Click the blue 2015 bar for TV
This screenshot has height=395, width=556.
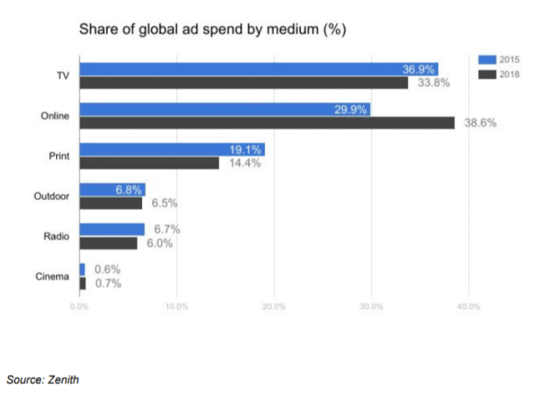click(259, 68)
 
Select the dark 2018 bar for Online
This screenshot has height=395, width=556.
click(267, 123)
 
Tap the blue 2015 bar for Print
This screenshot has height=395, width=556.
click(172, 149)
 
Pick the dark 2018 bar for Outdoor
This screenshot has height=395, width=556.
click(110, 203)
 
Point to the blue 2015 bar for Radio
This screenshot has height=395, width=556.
click(112, 229)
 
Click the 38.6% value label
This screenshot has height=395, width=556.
click(480, 123)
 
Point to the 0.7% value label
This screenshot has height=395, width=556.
click(107, 284)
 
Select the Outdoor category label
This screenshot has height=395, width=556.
click(50, 197)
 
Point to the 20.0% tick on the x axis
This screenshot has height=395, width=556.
click(274, 307)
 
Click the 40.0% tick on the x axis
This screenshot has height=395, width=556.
click(468, 307)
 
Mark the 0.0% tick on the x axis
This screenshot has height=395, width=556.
click(80, 307)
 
